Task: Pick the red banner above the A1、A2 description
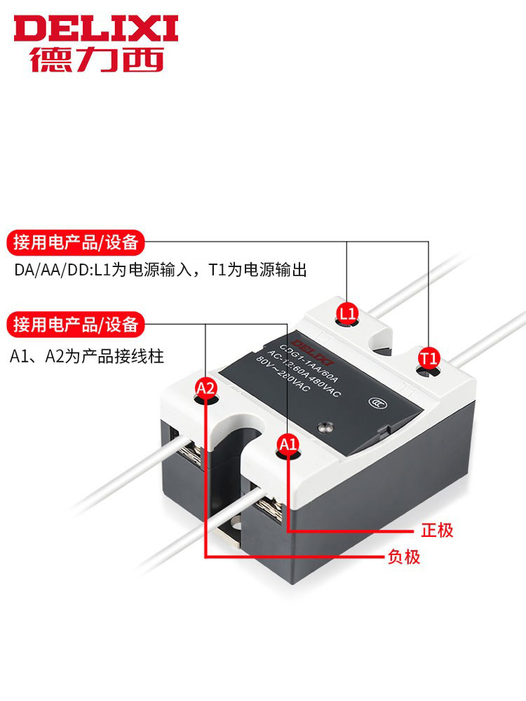click(76, 325)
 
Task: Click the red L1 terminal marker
click(348, 311)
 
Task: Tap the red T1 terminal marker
click(429, 358)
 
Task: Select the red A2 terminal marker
click(205, 388)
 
